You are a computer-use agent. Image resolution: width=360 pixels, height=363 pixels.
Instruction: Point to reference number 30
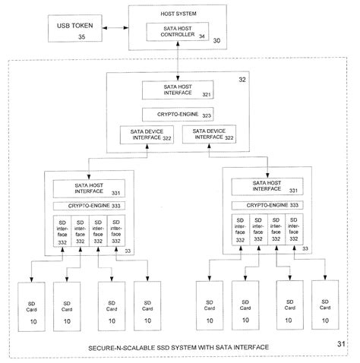tap(216, 40)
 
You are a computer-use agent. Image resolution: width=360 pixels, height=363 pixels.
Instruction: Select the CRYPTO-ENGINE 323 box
tap(180, 115)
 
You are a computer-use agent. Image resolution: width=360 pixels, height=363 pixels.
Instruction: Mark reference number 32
tap(242, 78)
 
